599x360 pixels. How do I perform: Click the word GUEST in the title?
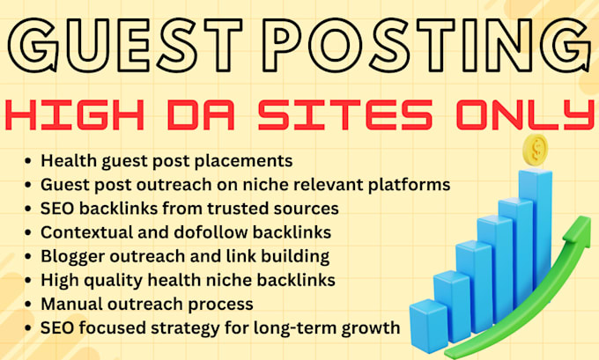(x=125, y=45)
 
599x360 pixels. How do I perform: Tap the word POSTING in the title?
(x=427, y=45)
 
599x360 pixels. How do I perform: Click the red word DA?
(x=201, y=114)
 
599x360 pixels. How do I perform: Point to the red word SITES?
(x=345, y=114)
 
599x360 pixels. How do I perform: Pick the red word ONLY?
(x=525, y=114)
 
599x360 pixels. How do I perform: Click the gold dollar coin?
(x=536, y=150)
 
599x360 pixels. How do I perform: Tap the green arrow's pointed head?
(x=577, y=229)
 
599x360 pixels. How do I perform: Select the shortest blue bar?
(x=429, y=325)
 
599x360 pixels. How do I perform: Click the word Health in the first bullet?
(x=69, y=161)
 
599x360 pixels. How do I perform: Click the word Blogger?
(x=73, y=256)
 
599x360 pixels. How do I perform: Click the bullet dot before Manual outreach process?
(x=27, y=305)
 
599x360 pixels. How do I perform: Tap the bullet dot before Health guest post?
(x=27, y=161)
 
